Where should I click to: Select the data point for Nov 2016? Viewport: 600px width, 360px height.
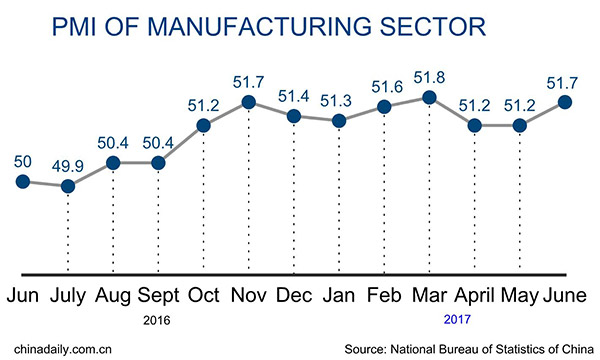click(248, 102)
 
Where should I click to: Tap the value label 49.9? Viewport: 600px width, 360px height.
click(68, 165)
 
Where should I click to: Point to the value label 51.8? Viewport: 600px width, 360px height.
click(429, 76)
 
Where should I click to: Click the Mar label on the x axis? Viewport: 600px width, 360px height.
click(428, 297)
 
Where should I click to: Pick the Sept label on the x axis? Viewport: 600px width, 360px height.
click(157, 297)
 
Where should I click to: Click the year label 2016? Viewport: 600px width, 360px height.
click(157, 321)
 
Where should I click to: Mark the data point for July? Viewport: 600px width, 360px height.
click(68, 186)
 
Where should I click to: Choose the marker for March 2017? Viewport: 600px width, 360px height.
click(429, 97)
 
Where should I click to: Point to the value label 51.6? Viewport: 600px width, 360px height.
click(384, 83)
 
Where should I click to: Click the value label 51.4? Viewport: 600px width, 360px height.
click(294, 94)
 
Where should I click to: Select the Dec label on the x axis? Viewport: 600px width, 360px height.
click(293, 297)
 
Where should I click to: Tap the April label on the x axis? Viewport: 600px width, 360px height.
click(475, 297)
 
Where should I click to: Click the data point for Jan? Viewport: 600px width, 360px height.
click(339, 121)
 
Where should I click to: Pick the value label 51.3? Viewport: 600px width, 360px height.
click(339, 99)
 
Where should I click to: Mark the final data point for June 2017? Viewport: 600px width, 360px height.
click(565, 101)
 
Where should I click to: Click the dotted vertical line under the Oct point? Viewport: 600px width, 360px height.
click(203, 200)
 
